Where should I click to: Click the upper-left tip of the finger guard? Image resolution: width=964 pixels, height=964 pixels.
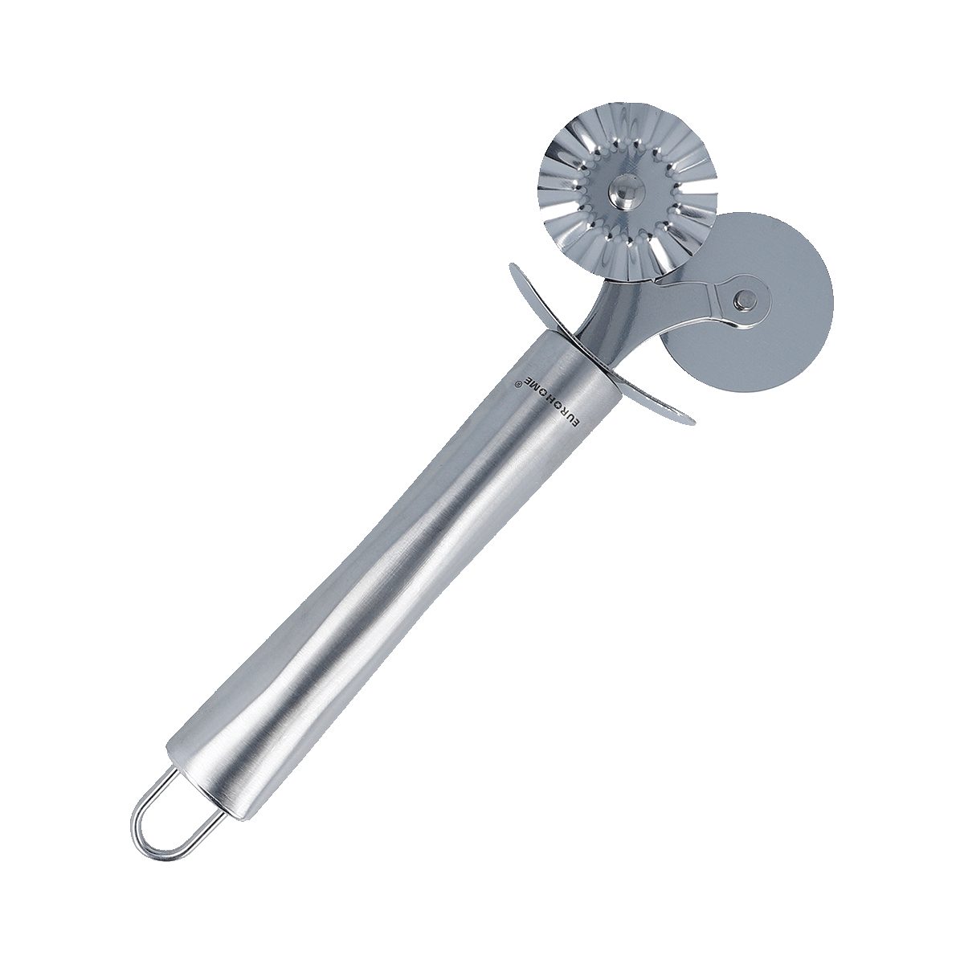(510, 266)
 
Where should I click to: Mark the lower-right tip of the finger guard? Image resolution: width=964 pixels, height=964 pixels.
(693, 423)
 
